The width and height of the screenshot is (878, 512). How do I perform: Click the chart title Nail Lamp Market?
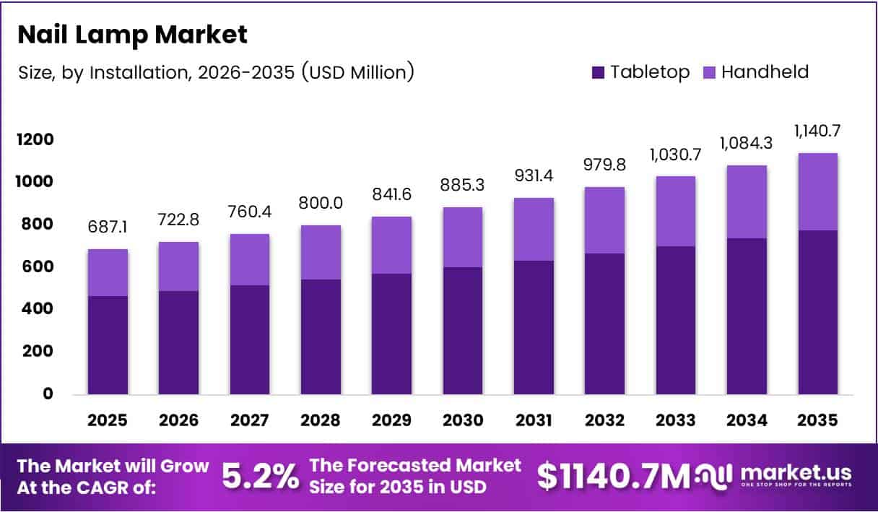(x=132, y=34)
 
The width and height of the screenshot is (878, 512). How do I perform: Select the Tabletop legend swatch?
(x=599, y=72)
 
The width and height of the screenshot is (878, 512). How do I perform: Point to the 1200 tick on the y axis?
(x=35, y=139)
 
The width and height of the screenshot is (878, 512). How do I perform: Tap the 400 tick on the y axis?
(x=37, y=309)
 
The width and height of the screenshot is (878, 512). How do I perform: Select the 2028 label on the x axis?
(x=321, y=420)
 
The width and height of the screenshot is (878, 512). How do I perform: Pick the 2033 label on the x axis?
(x=676, y=420)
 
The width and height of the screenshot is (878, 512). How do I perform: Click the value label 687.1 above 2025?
(x=108, y=226)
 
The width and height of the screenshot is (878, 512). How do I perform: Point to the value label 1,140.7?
(x=817, y=131)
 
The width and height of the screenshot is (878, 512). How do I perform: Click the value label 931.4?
(x=534, y=175)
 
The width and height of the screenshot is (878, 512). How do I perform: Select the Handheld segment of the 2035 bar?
(x=817, y=191)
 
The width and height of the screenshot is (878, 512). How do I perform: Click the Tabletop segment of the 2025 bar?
(x=108, y=345)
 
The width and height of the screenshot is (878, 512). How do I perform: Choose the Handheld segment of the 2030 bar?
(x=463, y=237)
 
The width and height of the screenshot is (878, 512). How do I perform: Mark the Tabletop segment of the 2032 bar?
(x=604, y=324)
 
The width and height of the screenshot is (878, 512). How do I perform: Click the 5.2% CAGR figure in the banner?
(x=259, y=477)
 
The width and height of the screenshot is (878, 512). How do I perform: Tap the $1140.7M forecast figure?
(x=613, y=477)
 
